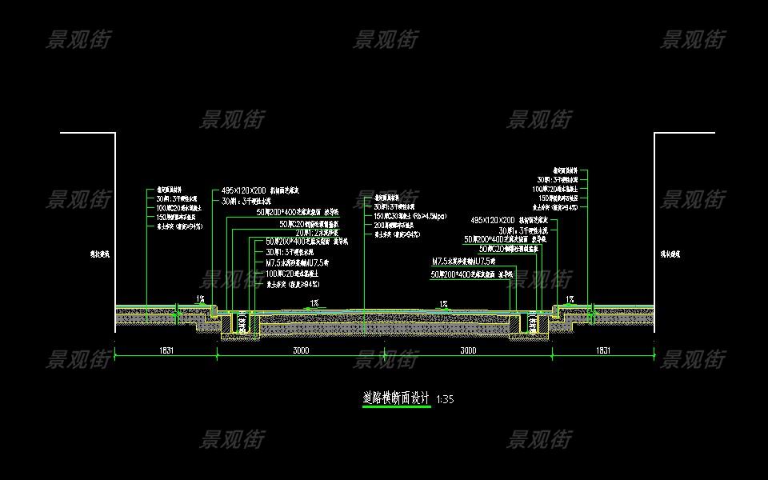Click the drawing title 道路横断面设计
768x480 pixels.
coord(396,398)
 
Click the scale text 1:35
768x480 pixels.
coord(446,398)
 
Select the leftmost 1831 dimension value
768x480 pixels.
coord(166,350)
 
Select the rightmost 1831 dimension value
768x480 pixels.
coord(603,350)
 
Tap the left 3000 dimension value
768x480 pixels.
coord(301,350)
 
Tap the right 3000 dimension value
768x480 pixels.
coord(469,350)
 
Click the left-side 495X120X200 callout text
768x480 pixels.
coord(245,192)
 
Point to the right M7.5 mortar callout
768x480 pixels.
coord(464,262)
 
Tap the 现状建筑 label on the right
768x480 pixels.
coord(670,254)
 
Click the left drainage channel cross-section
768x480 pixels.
coord(238,322)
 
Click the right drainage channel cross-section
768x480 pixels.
coord(530,322)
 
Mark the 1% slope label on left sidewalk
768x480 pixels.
coord(200,299)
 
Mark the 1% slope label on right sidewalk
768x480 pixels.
coord(570,299)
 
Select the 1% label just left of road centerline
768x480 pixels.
coord(314,303)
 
